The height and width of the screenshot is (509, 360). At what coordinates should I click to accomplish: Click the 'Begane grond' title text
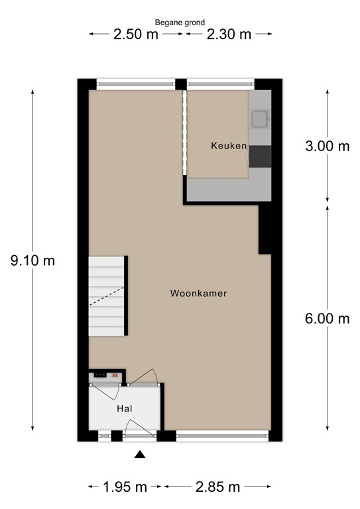click(x=180, y=22)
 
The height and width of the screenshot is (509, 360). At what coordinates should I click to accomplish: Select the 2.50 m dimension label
click(x=135, y=34)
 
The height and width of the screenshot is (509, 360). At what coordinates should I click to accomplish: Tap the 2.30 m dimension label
click(x=229, y=34)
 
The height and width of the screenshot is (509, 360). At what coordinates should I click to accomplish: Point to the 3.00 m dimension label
click(x=327, y=147)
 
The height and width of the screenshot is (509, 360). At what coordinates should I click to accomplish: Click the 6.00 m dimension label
click(x=327, y=319)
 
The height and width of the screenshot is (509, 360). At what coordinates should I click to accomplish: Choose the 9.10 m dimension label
click(x=32, y=260)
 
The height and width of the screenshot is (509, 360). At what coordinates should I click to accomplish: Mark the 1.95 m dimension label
click(x=125, y=488)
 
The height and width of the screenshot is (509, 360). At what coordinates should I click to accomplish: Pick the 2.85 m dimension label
click(x=217, y=488)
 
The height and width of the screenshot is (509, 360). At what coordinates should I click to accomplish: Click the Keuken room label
click(x=229, y=146)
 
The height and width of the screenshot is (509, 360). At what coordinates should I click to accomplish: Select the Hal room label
click(x=126, y=408)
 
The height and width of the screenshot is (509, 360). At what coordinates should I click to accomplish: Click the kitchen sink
click(x=259, y=119)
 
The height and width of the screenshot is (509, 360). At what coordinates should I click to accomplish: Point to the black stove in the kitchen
click(x=260, y=156)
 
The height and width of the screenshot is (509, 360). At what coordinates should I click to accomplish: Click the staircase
click(x=106, y=296)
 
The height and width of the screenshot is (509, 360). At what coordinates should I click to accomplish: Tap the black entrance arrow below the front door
click(x=139, y=455)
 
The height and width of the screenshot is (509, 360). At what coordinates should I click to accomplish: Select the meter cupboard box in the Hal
click(x=107, y=374)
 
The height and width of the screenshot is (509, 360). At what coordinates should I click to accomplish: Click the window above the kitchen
click(x=220, y=84)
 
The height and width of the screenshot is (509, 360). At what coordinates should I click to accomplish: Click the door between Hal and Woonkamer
click(x=143, y=380)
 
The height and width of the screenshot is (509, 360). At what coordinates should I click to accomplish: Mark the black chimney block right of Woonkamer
click(x=265, y=229)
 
